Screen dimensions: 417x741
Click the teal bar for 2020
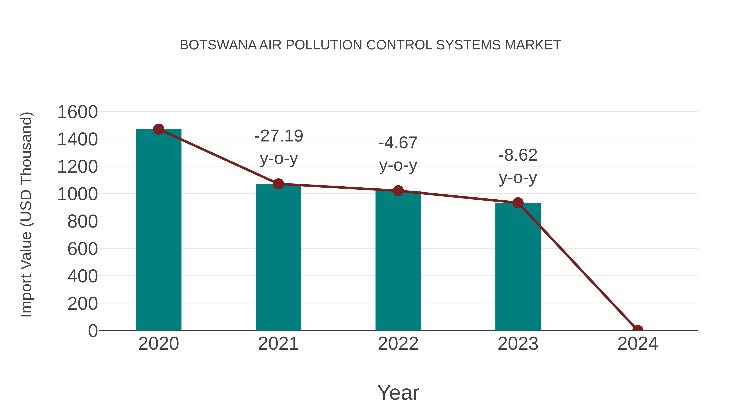click(x=158, y=230)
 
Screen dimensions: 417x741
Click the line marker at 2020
click(x=158, y=129)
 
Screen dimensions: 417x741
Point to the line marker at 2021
click(x=278, y=184)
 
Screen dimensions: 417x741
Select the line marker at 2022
click(x=398, y=190)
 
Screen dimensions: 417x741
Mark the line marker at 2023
click(x=518, y=203)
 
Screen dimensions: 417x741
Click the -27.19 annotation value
click(x=279, y=136)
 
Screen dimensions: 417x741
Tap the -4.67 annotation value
click(x=398, y=143)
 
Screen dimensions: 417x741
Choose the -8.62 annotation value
click(x=518, y=155)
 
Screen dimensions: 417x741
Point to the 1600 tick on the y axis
click(x=77, y=112)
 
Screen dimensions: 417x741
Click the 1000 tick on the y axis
click(x=77, y=194)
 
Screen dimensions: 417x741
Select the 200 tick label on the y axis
click(x=83, y=304)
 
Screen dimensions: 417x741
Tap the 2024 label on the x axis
click(x=638, y=344)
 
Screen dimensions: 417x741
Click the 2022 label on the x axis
click(x=398, y=344)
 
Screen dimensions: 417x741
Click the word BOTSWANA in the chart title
click(x=218, y=45)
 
